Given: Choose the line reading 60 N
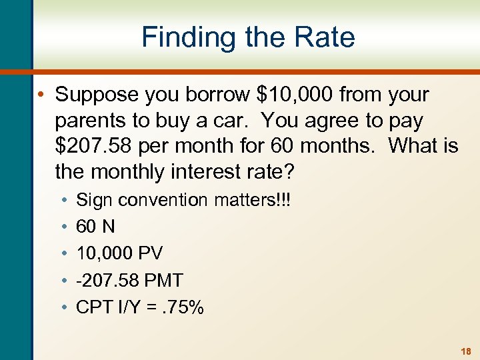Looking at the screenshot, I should point(96,227).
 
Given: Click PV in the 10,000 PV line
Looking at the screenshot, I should point(151,253).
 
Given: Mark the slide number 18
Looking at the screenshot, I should point(466,350).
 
